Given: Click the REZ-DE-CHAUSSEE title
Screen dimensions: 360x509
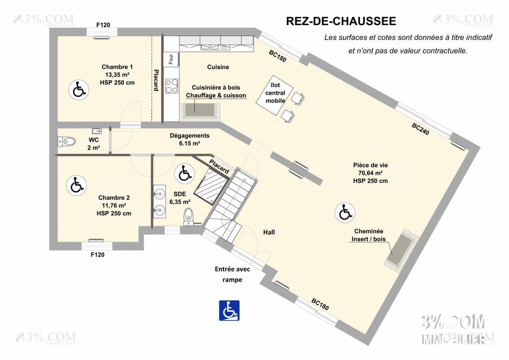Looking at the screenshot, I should [341, 21].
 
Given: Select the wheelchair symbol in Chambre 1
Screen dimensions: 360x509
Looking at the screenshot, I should [78, 90].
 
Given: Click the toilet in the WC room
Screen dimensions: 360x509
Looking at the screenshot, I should [66, 141].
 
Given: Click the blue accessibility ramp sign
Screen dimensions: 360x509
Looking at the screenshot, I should [229, 310].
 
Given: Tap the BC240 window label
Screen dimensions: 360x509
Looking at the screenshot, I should [421, 130].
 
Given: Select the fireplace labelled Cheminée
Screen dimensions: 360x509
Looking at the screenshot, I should [398, 250].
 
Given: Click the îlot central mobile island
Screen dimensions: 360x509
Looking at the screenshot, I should [275, 94].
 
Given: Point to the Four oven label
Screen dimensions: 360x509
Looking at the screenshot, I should [171, 58].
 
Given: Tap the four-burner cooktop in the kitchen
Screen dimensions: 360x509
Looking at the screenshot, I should [171, 85].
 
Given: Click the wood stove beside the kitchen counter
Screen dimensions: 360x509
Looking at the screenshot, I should [200, 110].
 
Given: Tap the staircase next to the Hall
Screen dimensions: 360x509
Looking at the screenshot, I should [229, 202].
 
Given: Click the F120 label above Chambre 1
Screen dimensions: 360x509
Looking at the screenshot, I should [103, 25].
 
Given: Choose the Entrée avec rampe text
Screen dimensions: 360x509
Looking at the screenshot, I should [232, 274].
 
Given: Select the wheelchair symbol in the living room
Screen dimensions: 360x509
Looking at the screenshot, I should [345, 212].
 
